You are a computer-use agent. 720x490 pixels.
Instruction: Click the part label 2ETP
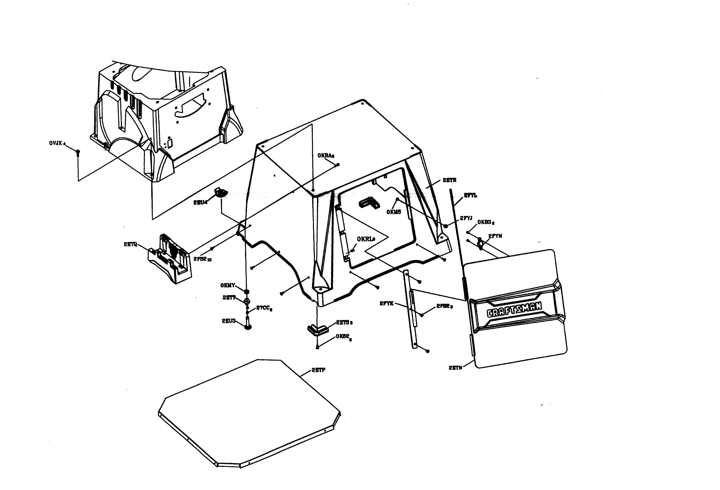[x=319, y=370]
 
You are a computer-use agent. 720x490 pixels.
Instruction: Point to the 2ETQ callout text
[x=130, y=245]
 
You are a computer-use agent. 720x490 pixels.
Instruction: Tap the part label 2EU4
[x=201, y=202]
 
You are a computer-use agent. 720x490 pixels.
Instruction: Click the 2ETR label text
[x=449, y=180]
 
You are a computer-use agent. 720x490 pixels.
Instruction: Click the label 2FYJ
[x=466, y=218]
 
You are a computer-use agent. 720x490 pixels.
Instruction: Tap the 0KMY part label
[x=228, y=285]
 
